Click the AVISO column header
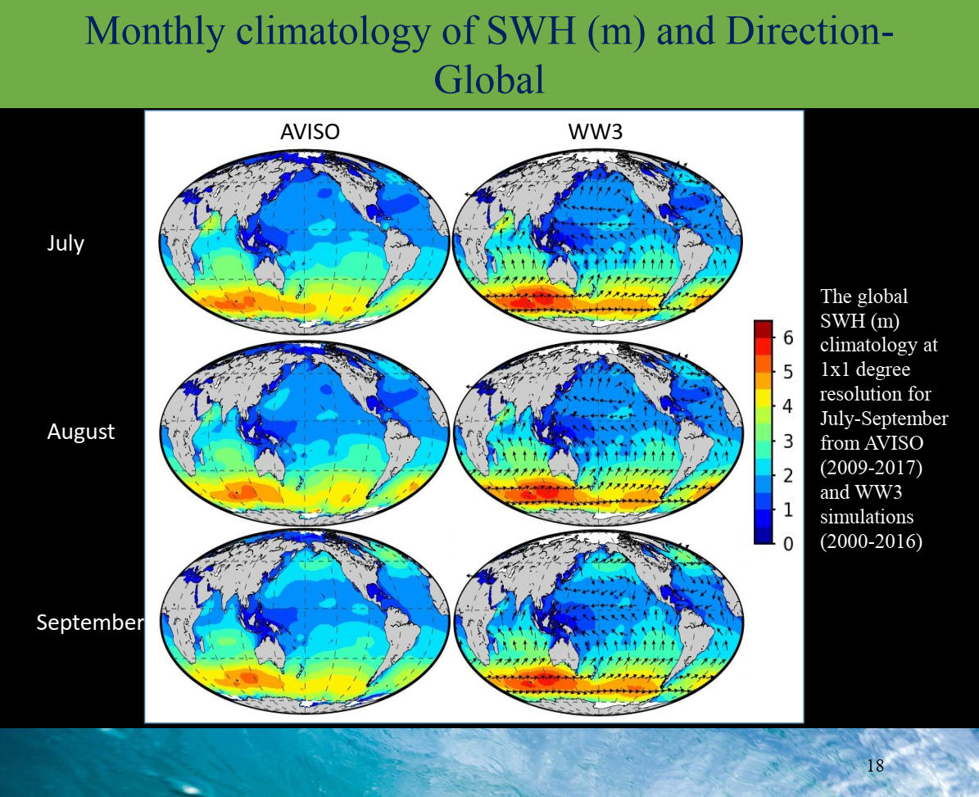[310, 132]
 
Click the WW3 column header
[595, 132]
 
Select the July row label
[66, 243]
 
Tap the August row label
[80, 432]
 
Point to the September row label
[90, 623]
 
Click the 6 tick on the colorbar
[788, 337]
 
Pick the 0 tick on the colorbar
[788, 544]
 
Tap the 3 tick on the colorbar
[788, 441]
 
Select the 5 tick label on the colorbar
[788, 372]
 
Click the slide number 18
[875, 765]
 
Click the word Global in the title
[489, 80]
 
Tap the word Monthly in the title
[154, 33]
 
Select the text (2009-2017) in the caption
[871, 468]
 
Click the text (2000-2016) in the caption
[871, 541]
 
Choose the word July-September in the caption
[883, 419]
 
